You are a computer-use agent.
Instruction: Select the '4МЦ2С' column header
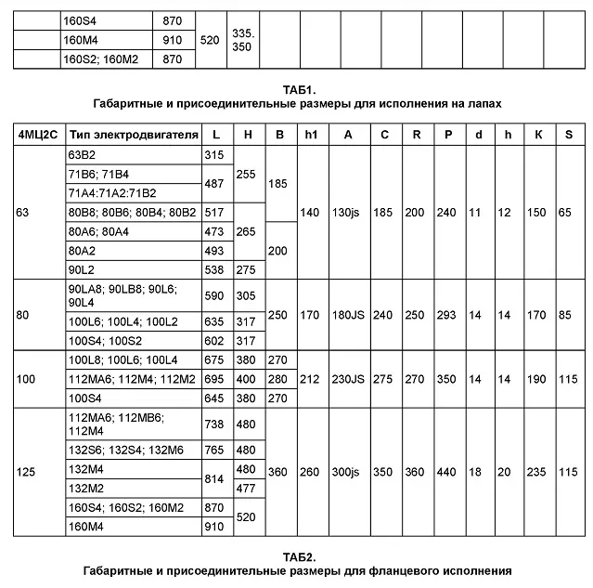tap(36, 134)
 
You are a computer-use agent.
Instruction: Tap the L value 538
tap(214, 269)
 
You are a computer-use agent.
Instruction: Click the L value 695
tap(214, 379)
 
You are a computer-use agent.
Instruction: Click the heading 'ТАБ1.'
tap(297, 90)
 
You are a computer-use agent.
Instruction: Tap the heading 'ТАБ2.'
tap(297, 557)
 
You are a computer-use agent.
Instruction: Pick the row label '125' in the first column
tap(27, 472)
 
